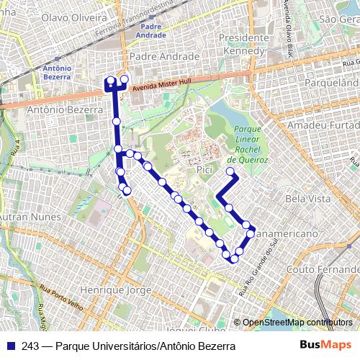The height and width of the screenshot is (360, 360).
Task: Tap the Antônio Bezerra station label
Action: [x=57, y=72]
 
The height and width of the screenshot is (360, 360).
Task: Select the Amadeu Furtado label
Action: [x=322, y=125]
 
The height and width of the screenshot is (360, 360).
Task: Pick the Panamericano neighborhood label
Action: [x=288, y=235]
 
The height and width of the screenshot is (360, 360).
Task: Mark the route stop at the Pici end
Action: [x=230, y=171]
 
